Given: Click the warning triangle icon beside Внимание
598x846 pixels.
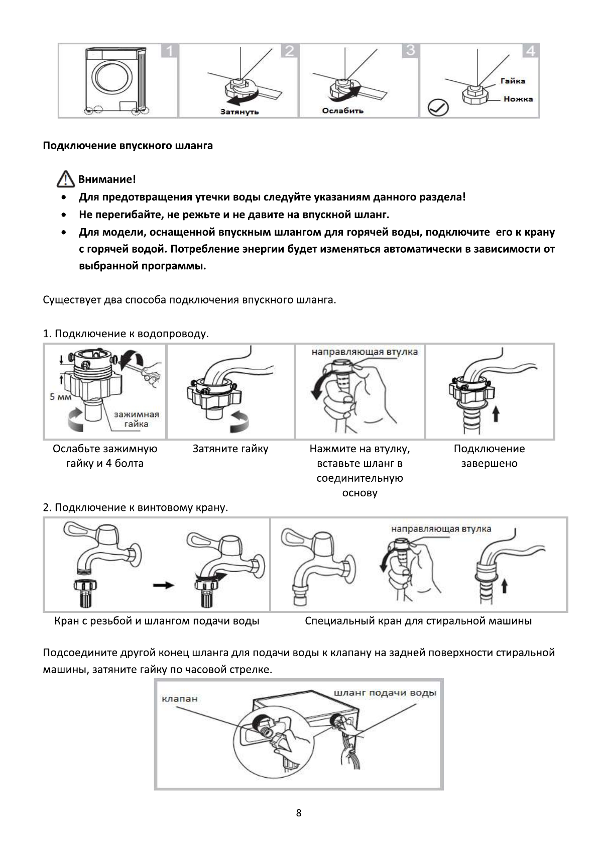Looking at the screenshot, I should point(66,179).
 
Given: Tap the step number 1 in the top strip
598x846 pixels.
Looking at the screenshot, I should point(170,51).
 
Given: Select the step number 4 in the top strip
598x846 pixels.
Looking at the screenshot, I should point(531,51).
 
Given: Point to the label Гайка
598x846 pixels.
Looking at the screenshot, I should point(513,81).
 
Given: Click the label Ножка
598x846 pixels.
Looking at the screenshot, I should point(518,99).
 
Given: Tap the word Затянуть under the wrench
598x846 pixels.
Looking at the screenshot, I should point(240,111).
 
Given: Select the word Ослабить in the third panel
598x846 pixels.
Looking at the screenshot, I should point(342,111).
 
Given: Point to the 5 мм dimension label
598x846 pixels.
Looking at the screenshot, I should point(59,397).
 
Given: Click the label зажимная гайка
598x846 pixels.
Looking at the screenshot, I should point(136,419).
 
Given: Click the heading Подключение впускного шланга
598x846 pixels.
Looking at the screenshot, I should point(128,146).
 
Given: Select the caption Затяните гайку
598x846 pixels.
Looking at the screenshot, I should point(230,449).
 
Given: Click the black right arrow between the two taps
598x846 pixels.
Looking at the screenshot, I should point(163,585).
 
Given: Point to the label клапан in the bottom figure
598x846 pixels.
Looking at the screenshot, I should point(180,698).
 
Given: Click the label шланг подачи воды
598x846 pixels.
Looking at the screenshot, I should point(385,693).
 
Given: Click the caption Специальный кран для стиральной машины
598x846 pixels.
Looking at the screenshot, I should point(418,621).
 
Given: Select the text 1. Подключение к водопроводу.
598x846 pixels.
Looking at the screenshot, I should point(126,334).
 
